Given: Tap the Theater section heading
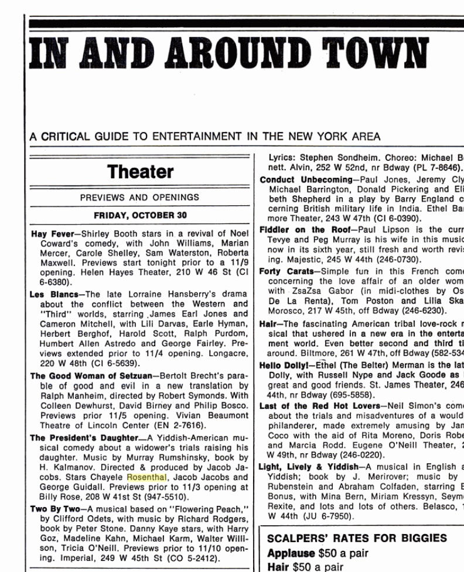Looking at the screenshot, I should [x=140, y=172].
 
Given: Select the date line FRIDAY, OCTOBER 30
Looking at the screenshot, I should [x=140, y=215].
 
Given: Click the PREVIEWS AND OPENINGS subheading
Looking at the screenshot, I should [x=139, y=198].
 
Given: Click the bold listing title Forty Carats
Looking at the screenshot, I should [x=286, y=271].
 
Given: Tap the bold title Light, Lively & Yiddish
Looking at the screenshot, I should [x=309, y=466].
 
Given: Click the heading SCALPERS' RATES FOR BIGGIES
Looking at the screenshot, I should [x=357, y=538].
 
